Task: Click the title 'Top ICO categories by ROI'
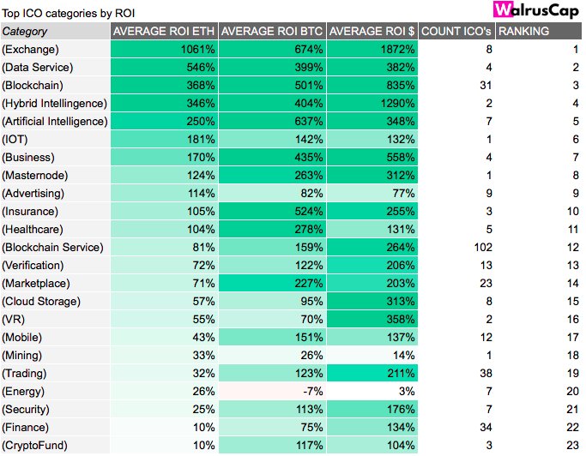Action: pos(68,13)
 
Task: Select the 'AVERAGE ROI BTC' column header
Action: pos(272,31)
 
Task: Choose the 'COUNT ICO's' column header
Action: pos(456,31)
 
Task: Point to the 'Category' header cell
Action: pos(25,31)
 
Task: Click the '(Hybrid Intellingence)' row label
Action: pos(55,103)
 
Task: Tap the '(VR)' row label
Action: pos(15,319)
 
